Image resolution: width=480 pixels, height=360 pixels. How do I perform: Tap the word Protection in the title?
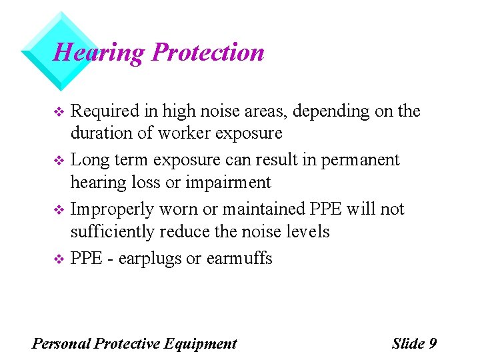coord(208,52)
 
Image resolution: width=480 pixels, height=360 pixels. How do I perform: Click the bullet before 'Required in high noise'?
coord(57,111)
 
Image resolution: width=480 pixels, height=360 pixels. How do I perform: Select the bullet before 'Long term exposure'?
coord(57,161)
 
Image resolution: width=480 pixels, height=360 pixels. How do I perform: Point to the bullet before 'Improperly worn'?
coord(57,210)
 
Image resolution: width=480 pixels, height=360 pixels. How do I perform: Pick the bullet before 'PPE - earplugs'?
coord(57,259)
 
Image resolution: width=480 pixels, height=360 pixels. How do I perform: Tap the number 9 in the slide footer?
coord(432,343)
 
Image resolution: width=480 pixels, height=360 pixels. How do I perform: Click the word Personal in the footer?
coord(61,343)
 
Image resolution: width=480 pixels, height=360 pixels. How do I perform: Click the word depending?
coord(341,111)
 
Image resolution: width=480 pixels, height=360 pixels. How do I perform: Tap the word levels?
coord(307,231)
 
